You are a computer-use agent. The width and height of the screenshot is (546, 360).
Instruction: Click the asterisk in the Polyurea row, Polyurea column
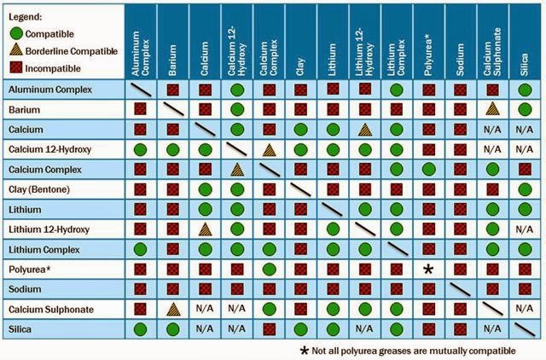[429, 268]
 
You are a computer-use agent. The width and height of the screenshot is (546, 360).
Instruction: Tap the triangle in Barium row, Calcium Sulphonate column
[493, 108]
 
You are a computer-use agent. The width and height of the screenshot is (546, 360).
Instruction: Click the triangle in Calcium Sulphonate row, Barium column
[172, 308]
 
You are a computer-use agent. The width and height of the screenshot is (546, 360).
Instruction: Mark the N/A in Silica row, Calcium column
[204, 328]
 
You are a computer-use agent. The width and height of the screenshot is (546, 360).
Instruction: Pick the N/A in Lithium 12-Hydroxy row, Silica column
[526, 229]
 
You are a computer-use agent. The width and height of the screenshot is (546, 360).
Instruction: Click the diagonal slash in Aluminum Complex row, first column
[140, 89]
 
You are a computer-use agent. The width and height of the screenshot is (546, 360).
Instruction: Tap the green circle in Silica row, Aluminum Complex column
[140, 328]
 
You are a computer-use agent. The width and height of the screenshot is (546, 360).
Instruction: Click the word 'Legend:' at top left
[26, 17]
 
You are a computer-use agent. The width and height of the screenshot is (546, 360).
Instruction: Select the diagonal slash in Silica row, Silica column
[526, 328]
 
